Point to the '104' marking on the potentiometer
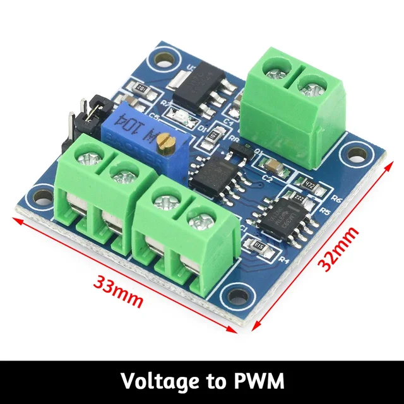point(149,134)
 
